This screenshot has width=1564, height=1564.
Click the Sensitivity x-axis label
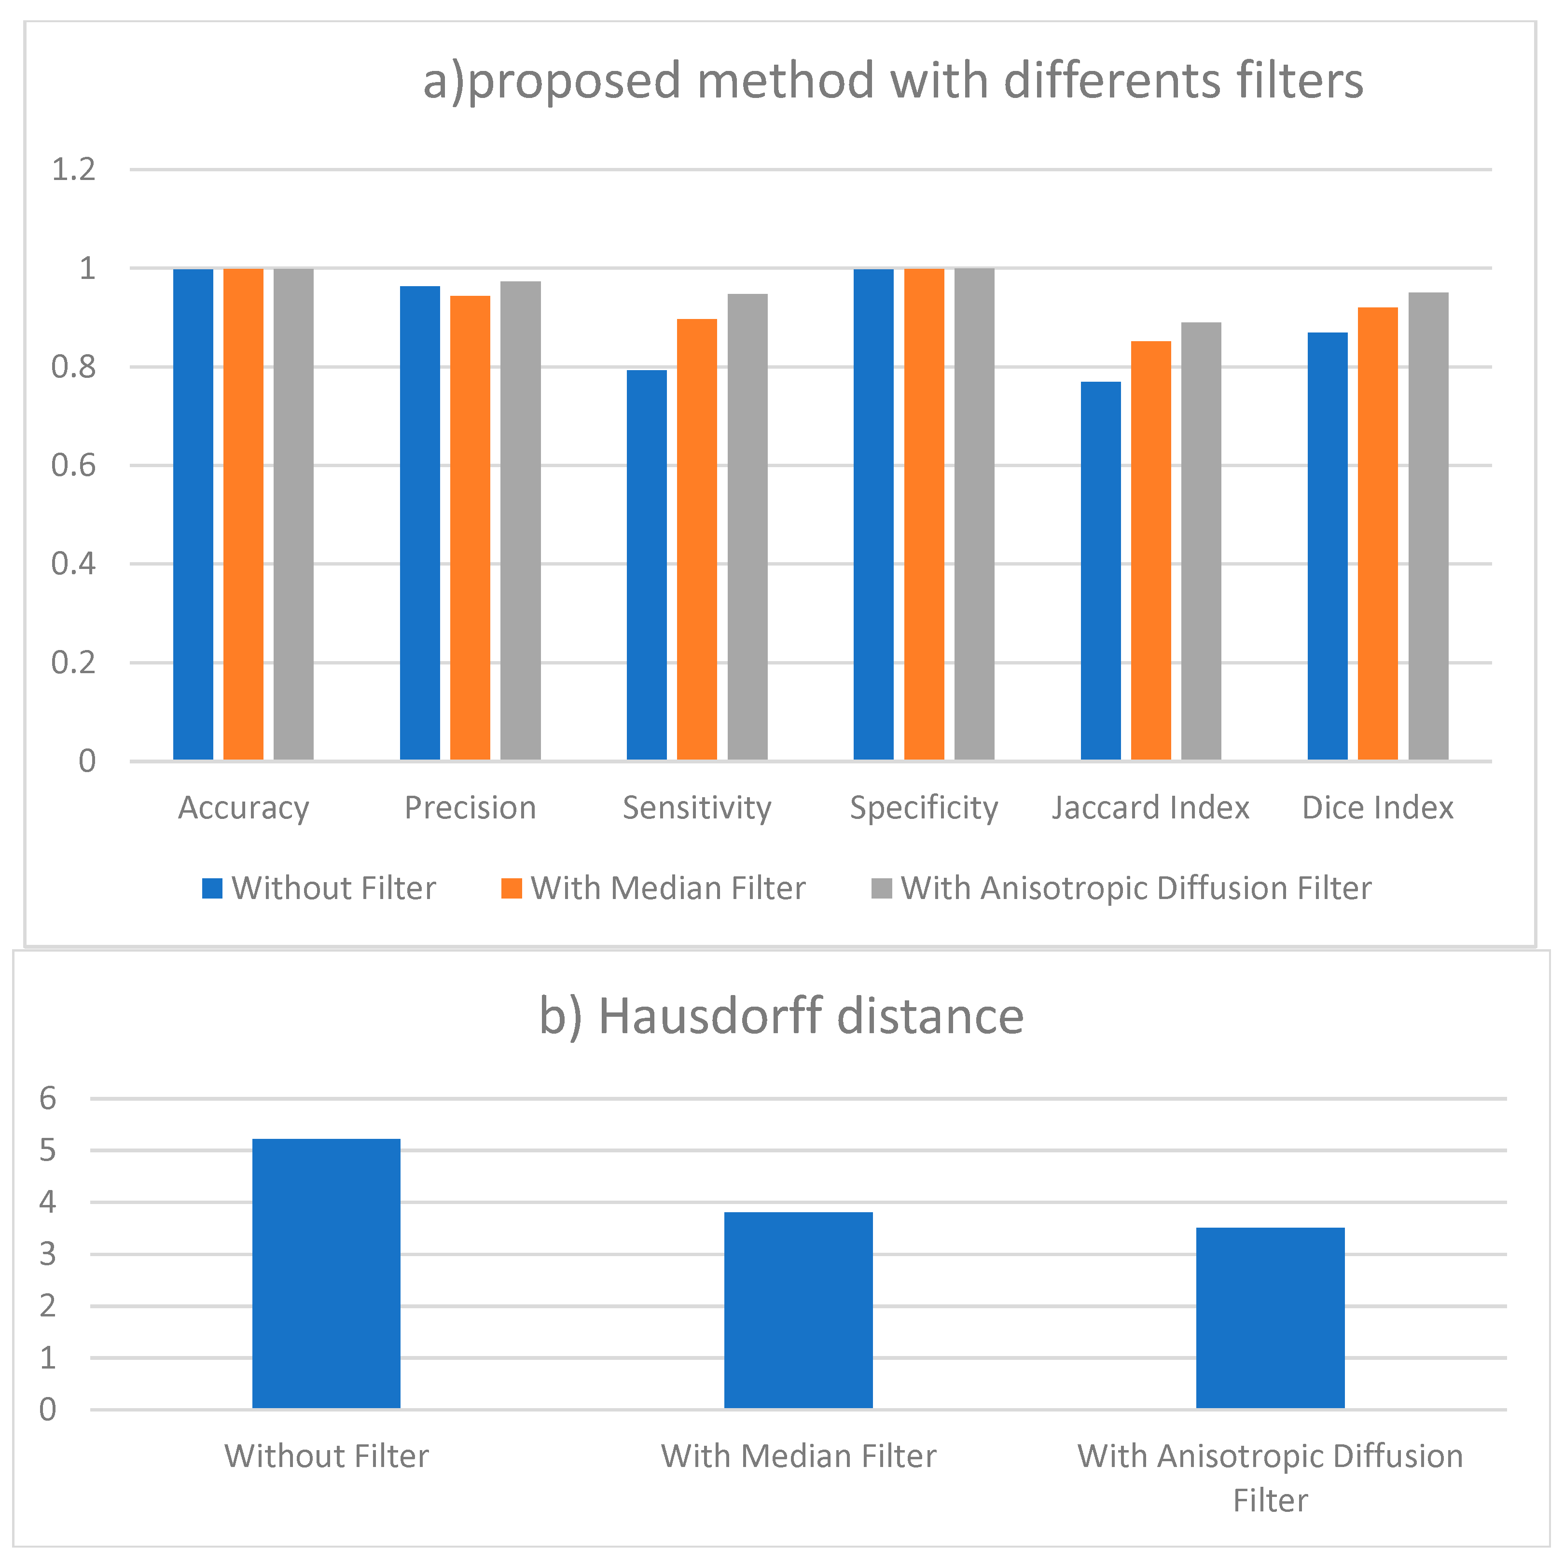pos(697,808)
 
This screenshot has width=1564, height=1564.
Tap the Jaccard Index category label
pos(1150,808)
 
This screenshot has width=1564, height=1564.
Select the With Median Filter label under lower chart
pos(798,1456)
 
